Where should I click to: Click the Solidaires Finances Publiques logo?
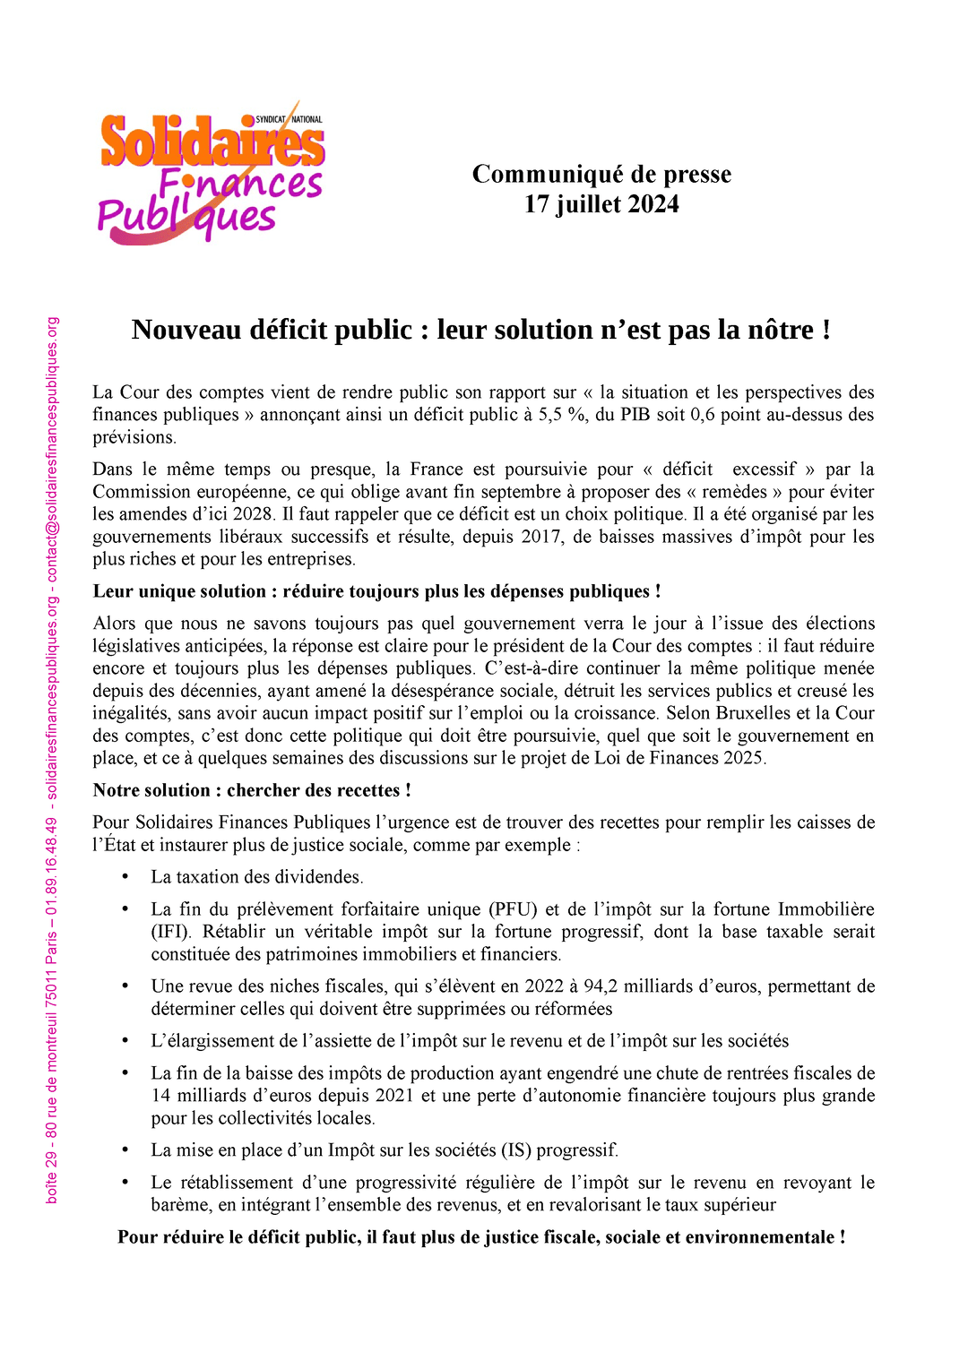pos(212,175)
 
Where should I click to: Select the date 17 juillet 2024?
pos(601,204)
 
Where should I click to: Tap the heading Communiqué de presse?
pos(601,174)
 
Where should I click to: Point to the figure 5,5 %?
pos(562,415)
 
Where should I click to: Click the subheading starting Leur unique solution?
pos(376,591)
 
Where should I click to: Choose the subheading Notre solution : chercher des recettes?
pos(252,790)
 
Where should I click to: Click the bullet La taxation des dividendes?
pos(256,877)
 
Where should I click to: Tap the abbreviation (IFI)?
pos(170,932)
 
